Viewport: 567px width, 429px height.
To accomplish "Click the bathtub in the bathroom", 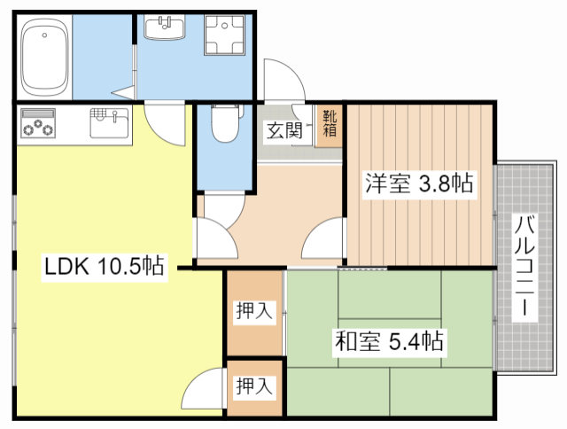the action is click(x=44, y=57).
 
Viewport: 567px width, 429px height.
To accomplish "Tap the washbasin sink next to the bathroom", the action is click(x=165, y=27).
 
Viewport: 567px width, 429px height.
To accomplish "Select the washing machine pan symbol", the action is click(x=224, y=35).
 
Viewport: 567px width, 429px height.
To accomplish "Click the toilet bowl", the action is click(x=225, y=123).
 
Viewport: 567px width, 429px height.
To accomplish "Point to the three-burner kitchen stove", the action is click(x=38, y=123).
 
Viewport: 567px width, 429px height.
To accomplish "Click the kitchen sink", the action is click(x=109, y=123).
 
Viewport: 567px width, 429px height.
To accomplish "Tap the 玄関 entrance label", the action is click(x=284, y=131).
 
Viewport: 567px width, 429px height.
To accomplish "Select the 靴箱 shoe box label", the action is click(x=330, y=124).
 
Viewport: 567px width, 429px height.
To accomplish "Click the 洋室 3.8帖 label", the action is click(x=419, y=183).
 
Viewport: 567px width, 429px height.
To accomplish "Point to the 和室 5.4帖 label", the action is click(x=389, y=340).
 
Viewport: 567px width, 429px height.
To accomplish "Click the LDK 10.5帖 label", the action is click(x=105, y=266).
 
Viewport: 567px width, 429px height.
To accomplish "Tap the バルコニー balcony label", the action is click(x=524, y=266).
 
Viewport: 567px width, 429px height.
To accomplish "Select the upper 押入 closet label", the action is click(x=254, y=311).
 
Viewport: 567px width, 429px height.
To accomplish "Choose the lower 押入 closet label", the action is click(x=254, y=386).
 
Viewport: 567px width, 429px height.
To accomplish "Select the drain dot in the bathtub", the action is click(x=44, y=35).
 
